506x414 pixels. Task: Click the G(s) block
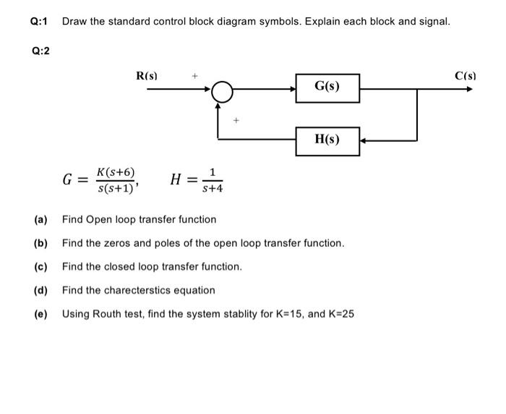pos(327,88)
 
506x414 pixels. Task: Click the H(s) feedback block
pos(327,140)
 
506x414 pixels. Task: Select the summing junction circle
pos(223,91)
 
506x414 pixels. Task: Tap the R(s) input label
pos(147,75)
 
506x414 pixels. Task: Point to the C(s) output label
pos(465,75)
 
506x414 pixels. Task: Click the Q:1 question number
pos(39,22)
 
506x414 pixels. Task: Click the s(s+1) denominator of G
pos(114,189)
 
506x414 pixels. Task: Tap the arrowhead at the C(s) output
pos(470,89)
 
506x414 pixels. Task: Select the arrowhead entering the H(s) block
pos(364,140)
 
